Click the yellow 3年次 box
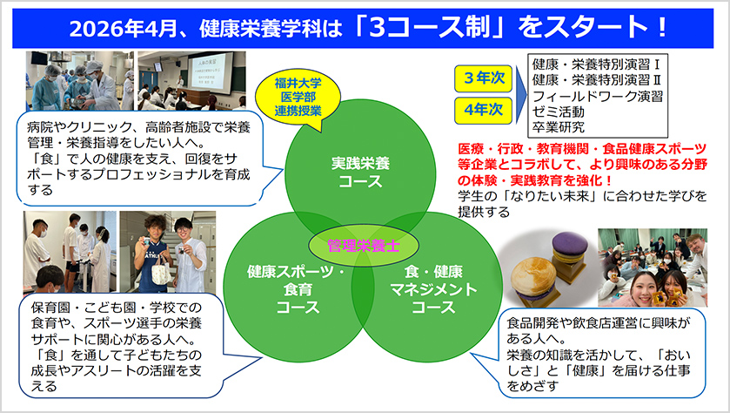coord(483,78)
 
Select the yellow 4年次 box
coord(483,110)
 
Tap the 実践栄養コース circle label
coord(360,173)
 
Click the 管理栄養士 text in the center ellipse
coord(364,245)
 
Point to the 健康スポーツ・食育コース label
coord(297,289)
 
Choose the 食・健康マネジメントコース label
coord(433,289)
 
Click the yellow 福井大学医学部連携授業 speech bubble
coord(298,97)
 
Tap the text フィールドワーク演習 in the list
coord(598,97)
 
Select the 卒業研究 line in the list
coord(559,127)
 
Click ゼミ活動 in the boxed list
coord(559,112)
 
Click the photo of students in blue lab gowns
coord(79,81)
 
